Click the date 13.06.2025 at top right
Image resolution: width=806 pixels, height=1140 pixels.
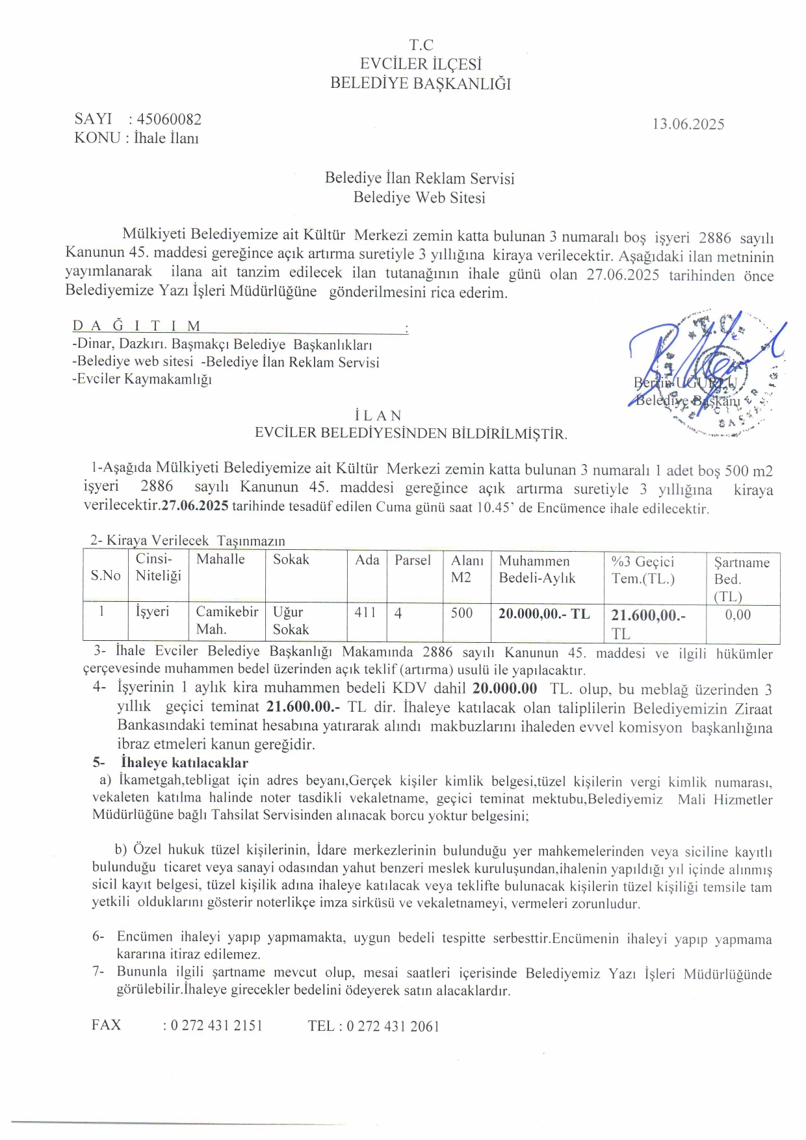click(688, 124)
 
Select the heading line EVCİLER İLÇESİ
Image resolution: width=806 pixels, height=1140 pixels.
click(421, 64)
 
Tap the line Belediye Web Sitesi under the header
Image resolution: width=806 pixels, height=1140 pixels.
click(419, 198)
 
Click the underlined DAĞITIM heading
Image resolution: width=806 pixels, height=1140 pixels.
click(136, 326)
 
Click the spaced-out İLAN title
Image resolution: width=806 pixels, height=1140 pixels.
click(378, 415)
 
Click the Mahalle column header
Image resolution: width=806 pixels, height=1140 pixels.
click(220, 560)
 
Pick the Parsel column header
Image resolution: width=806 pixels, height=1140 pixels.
click(413, 560)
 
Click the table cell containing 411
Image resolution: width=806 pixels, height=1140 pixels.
click(365, 612)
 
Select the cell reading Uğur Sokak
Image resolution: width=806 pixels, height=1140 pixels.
click(291, 621)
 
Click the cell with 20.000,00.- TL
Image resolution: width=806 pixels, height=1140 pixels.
click(544, 614)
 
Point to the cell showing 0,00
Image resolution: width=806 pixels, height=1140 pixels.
click(738, 615)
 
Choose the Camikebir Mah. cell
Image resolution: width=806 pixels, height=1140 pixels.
click(227, 621)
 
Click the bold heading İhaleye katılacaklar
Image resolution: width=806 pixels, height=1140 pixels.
click(184, 762)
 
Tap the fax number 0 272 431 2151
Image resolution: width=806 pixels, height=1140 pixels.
click(216, 1026)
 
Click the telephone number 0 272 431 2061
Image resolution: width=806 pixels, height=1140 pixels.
click(393, 1026)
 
